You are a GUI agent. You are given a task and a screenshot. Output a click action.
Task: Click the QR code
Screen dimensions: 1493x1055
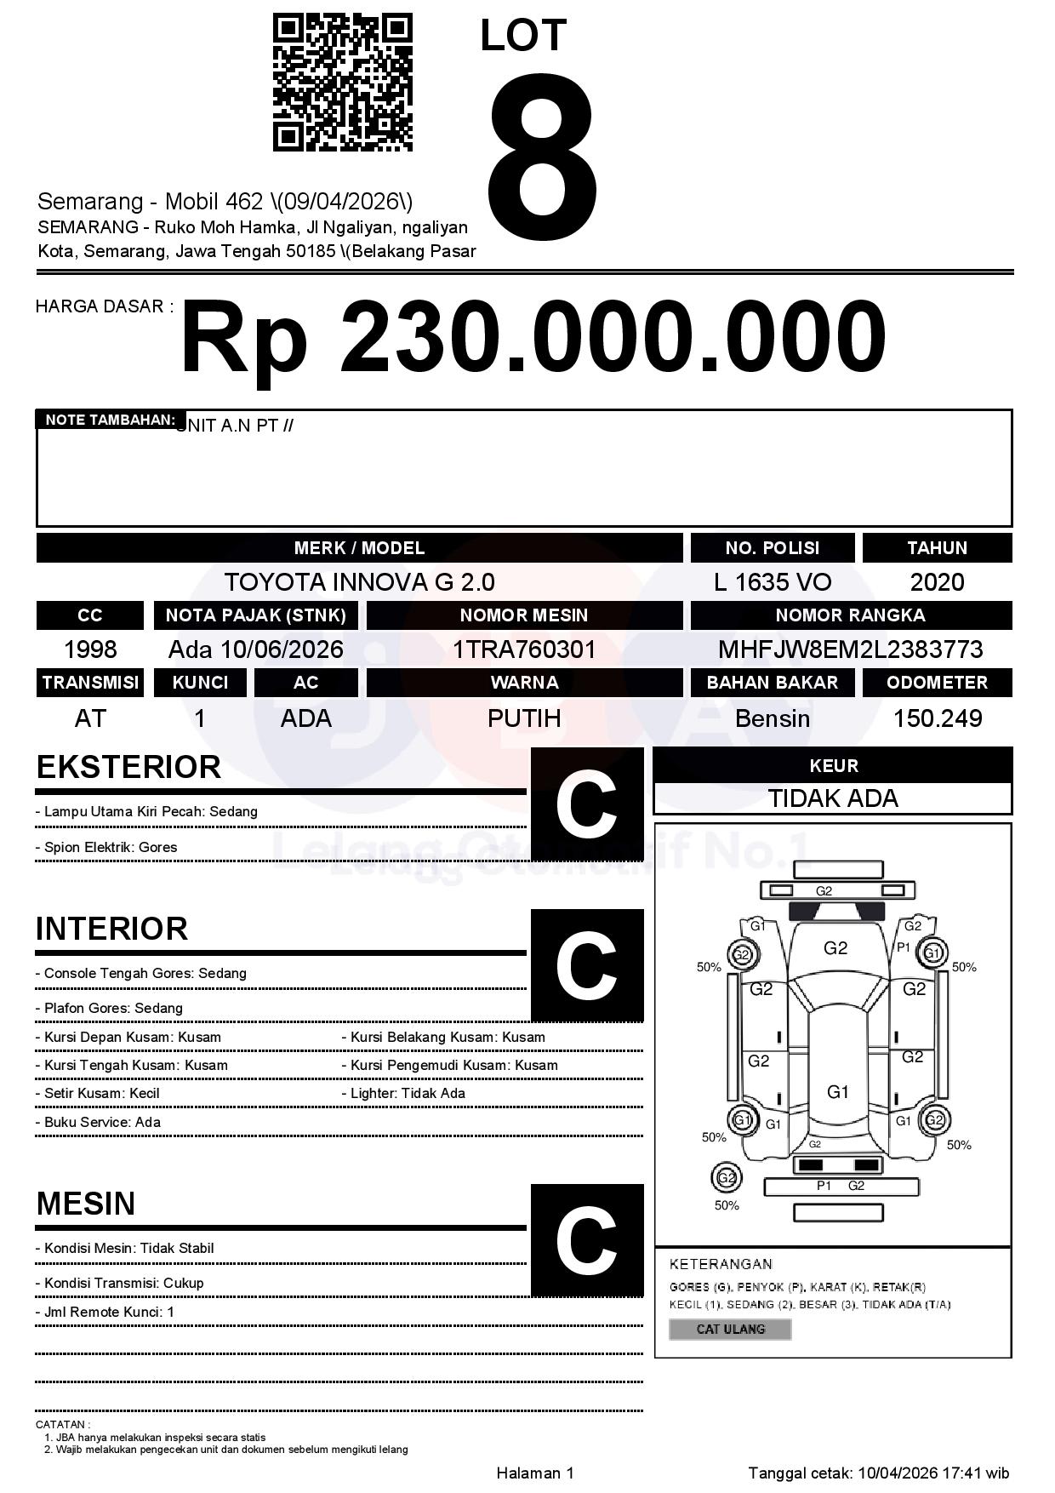click(342, 83)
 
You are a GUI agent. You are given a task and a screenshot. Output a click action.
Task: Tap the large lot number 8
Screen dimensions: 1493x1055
click(542, 147)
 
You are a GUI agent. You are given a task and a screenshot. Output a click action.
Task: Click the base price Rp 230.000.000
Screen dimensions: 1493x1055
click(533, 338)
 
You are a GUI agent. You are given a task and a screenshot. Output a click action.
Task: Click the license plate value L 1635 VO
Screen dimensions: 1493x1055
click(773, 582)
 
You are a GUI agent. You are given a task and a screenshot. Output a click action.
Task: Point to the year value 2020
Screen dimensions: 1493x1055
click(937, 582)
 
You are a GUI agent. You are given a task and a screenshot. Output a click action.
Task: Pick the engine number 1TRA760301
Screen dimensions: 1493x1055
click(524, 649)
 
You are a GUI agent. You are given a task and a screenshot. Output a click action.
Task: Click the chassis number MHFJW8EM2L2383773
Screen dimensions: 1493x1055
click(850, 649)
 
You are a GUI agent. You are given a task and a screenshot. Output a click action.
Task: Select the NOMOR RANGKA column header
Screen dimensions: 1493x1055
click(850, 615)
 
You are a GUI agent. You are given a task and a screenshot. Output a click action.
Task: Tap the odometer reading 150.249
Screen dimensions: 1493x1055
click(937, 718)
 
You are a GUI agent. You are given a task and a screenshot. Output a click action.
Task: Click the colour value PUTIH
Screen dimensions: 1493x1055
click(524, 718)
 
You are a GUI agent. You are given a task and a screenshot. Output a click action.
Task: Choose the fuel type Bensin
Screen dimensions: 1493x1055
click(773, 718)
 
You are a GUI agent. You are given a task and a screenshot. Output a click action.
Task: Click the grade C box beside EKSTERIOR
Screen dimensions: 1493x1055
click(586, 804)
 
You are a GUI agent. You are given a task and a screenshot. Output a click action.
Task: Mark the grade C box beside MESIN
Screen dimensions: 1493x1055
click(586, 1239)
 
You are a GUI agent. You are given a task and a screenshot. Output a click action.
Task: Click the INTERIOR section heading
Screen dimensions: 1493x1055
click(111, 929)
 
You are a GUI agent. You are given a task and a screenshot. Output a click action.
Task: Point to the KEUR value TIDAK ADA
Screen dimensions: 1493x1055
click(833, 798)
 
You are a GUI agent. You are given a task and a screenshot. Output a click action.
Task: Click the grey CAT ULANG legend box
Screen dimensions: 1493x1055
click(730, 1329)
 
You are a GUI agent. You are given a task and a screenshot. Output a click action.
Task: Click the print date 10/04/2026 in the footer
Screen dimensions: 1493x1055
click(898, 1473)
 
